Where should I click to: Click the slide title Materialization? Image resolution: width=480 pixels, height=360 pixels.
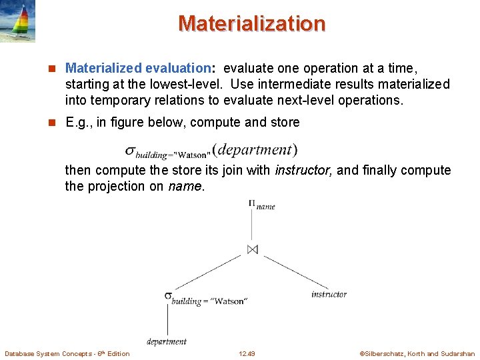click(251, 23)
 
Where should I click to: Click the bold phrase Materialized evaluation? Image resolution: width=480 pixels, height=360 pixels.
click(138, 68)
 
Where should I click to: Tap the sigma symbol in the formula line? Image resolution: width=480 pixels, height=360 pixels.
click(130, 151)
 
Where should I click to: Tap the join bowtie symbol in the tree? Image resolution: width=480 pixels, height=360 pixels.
click(252, 249)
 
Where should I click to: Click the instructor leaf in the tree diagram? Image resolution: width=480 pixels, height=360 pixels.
click(329, 294)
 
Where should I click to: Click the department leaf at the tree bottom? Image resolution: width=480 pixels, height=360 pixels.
click(167, 341)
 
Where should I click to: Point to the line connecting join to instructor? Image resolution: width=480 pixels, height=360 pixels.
click(290, 271)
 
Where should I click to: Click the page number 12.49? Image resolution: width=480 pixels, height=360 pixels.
click(247, 353)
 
